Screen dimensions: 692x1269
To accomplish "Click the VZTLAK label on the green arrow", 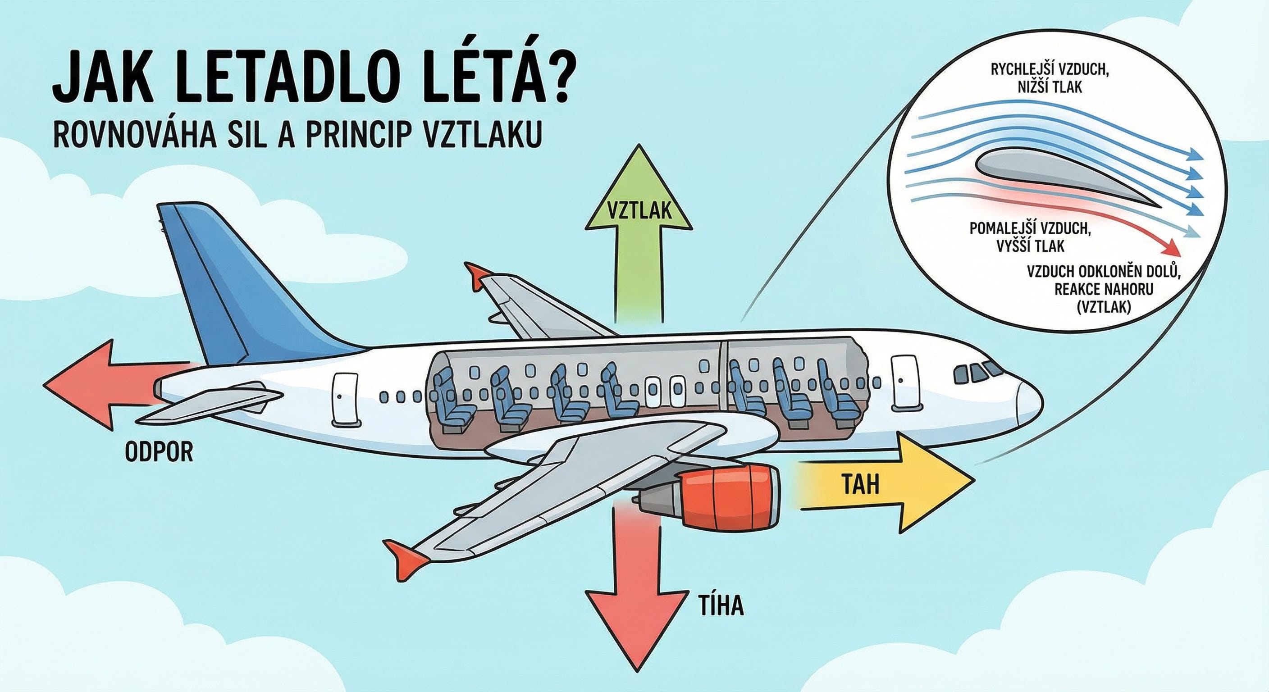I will click(x=639, y=210).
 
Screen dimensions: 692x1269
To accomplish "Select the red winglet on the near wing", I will click(x=406, y=554).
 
